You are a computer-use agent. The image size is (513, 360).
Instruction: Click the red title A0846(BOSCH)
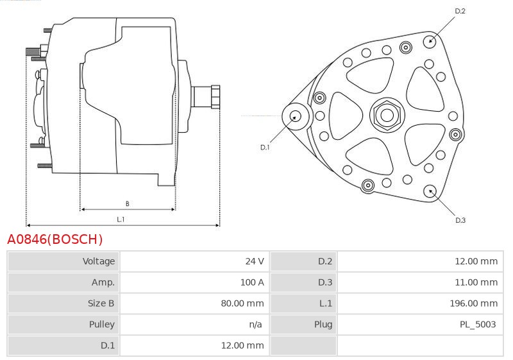click(55, 239)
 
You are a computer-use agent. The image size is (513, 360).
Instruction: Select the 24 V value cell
click(255, 261)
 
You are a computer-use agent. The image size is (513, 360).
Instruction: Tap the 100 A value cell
click(252, 282)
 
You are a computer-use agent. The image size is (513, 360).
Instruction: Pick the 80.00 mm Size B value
click(242, 303)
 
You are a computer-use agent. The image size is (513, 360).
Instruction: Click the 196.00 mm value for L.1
click(473, 303)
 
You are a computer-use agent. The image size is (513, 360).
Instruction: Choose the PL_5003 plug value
click(478, 324)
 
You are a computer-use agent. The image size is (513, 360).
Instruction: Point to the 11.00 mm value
click(476, 282)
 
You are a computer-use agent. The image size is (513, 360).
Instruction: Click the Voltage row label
click(99, 261)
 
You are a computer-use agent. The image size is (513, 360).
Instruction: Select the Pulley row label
click(102, 324)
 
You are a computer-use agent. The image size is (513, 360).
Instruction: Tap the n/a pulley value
click(255, 324)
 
